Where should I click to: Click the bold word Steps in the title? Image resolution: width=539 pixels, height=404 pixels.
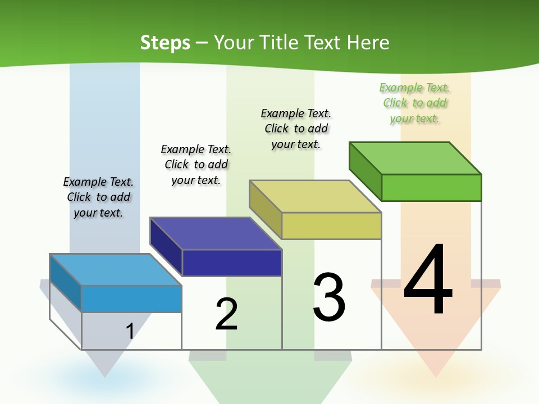pos(165,43)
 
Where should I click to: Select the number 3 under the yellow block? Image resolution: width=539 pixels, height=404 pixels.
pos(329,297)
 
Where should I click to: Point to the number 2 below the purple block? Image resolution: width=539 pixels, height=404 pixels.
pos(226,314)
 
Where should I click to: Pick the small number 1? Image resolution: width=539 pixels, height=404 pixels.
pos(130,331)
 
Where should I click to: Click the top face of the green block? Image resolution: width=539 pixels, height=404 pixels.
pos(415,158)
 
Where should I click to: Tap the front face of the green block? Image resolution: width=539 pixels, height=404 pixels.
pos(431,187)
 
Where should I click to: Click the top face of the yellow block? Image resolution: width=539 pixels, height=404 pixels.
pos(316,196)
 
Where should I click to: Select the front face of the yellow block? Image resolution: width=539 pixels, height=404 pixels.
pos(331,226)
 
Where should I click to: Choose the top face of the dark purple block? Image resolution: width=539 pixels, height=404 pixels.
pos(216,233)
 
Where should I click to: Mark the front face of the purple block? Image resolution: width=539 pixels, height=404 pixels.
pos(232,263)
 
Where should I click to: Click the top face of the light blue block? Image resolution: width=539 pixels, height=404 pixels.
pos(116,270)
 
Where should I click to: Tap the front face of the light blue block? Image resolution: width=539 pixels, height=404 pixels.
pos(131,299)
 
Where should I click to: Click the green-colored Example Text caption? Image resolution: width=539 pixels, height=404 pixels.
pos(415,103)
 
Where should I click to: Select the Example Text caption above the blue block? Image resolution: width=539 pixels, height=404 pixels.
pos(98,197)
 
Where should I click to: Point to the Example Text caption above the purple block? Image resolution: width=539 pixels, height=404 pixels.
pos(196,164)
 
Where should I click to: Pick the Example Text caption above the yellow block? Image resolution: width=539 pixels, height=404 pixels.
pos(296,128)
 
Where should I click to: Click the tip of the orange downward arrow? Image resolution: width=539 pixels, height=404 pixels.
pos(436,375)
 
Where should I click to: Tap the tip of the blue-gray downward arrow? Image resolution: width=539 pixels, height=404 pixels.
pos(104,375)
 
